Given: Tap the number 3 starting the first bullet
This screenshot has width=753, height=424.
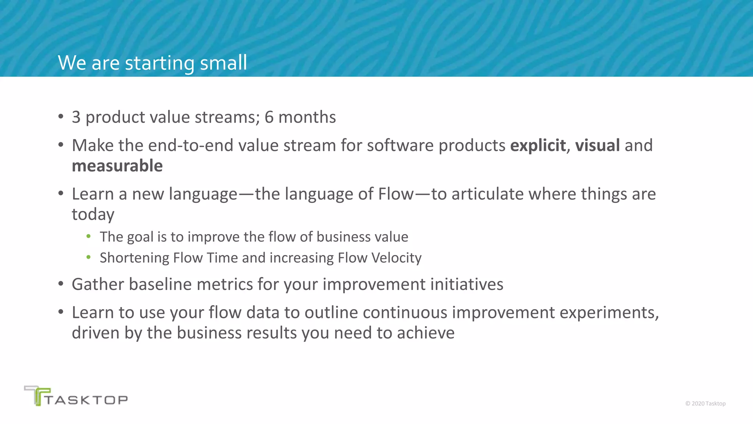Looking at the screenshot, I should coord(76,117).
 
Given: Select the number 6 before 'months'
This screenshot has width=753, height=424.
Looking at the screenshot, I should coord(269,117).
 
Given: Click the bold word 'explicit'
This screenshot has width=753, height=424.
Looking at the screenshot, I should coord(538,146).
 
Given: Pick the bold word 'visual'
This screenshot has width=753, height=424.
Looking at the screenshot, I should coord(597,145).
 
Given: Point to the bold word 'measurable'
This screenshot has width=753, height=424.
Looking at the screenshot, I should coord(117,166).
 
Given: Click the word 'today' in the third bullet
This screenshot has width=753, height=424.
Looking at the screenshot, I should coord(93,215).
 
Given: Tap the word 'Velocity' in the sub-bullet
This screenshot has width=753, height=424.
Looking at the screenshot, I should coord(396,258).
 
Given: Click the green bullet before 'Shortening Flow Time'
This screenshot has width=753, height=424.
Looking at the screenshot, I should coord(88,257).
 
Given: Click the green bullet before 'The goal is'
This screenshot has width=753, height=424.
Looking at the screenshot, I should coord(88,236).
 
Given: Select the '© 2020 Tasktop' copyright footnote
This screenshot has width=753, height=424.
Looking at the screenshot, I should coord(705,404).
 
